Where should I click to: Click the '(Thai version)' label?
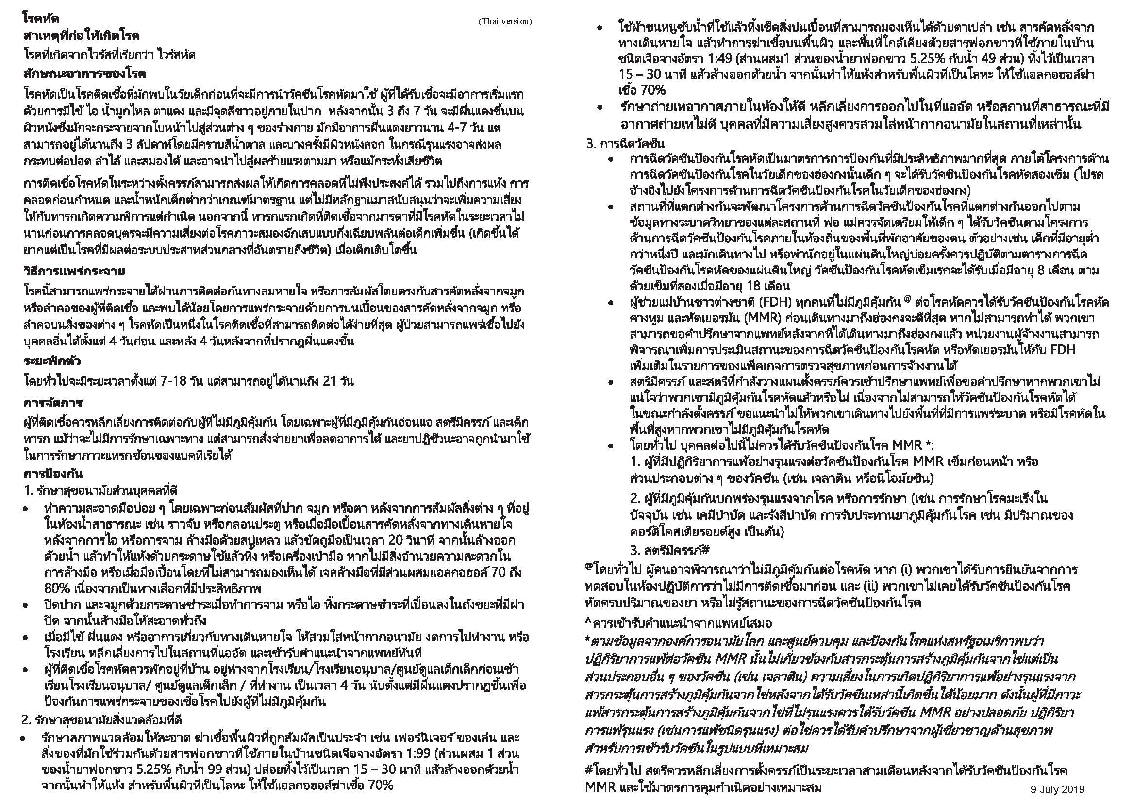point(504,21)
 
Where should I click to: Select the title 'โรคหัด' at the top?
point(41,18)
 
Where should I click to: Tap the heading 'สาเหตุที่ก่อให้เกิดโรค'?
point(81,35)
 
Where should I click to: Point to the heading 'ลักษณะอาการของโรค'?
point(84,74)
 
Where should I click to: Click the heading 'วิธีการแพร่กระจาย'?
point(74,271)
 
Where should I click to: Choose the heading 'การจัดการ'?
point(53,403)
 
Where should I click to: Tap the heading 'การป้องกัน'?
point(53,473)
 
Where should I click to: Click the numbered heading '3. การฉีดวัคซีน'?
point(625,144)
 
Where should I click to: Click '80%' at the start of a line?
point(56,588)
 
